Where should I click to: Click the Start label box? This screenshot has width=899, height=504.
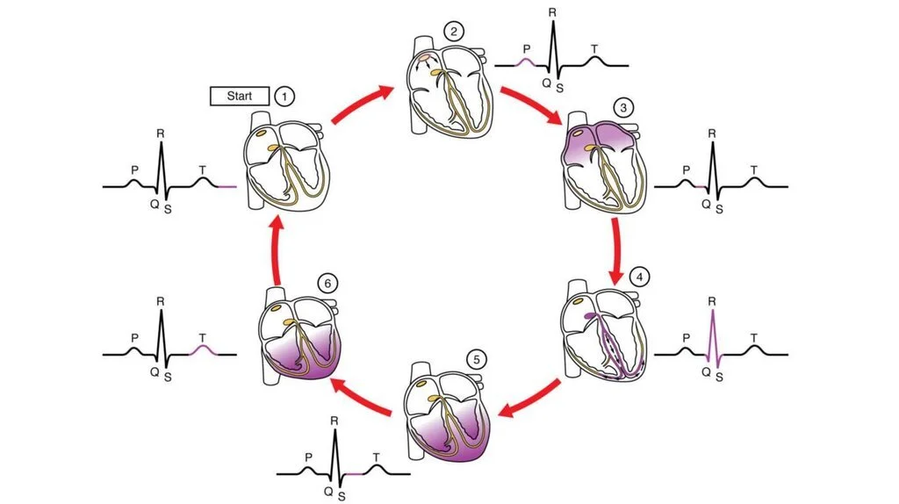click(239, 97)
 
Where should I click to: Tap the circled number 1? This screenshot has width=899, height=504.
click(284, 97)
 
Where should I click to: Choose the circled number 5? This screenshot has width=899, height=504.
click(477, 359)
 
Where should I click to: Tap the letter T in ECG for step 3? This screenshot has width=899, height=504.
click(753, 168)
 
